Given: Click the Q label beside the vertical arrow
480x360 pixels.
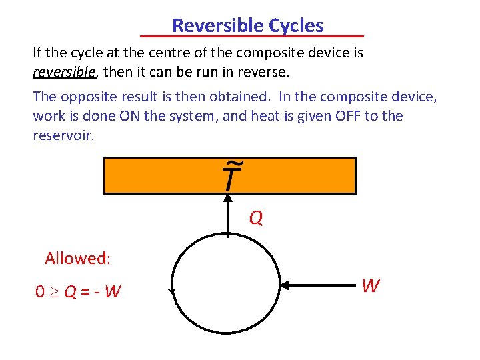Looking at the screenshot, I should [256, 218].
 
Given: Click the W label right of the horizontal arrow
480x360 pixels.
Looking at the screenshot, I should [371, 286].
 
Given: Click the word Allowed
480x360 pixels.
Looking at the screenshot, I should [77, 258].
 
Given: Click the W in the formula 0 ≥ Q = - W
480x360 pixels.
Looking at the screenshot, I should [113, 292].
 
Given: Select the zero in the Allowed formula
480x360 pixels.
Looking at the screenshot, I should [40, 292].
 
